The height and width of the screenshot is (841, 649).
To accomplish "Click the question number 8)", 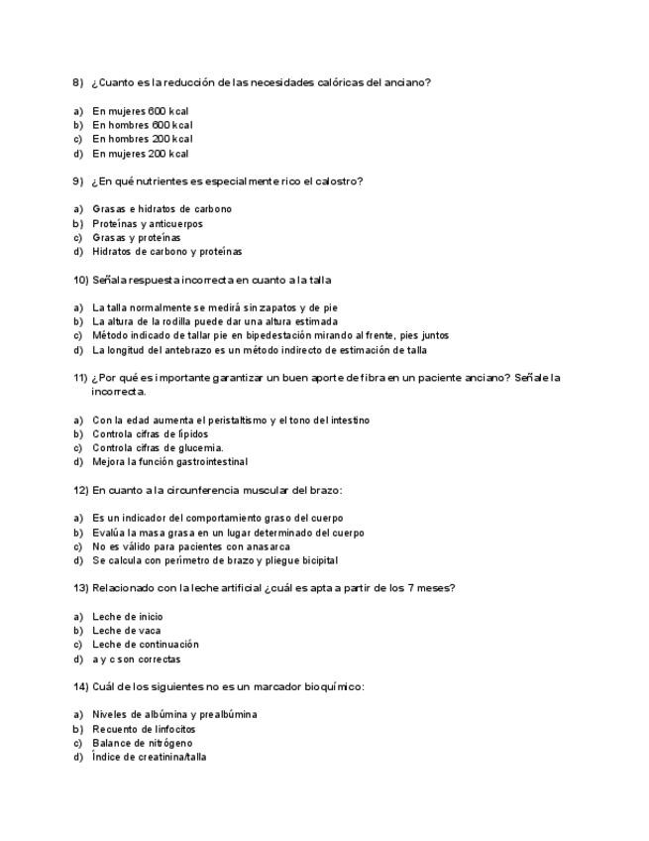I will click(78, 82).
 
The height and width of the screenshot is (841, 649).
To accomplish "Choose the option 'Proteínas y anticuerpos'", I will click(147, 223).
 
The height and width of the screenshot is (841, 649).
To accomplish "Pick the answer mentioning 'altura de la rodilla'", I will click(214, 321).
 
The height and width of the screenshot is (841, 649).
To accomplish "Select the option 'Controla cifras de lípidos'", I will click(150, 433).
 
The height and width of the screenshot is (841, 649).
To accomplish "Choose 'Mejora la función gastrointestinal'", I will click(169, 461).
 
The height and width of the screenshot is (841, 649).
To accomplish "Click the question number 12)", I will click(81, 490).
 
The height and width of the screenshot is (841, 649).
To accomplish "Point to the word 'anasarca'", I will click(266, 546).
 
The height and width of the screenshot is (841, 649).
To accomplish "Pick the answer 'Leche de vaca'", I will click(126, 630).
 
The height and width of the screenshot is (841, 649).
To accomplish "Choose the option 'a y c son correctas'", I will click(136, 659).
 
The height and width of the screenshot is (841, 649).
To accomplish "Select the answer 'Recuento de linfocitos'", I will click(143, 729).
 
